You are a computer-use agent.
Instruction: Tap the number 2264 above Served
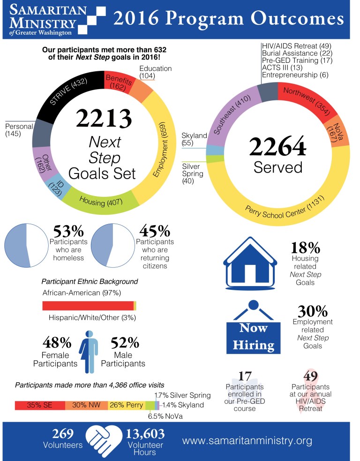(x=278, y=147)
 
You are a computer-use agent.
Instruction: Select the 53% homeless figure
(x=68, y=231)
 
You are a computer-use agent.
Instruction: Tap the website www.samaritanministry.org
(x=247, y=441)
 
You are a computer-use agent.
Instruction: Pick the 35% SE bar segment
(x=40, y=405)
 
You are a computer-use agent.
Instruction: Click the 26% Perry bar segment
(x=127, y=405)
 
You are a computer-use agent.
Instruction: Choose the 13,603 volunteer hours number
(x=144, y=433)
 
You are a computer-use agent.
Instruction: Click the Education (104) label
(x=156, y=72)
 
